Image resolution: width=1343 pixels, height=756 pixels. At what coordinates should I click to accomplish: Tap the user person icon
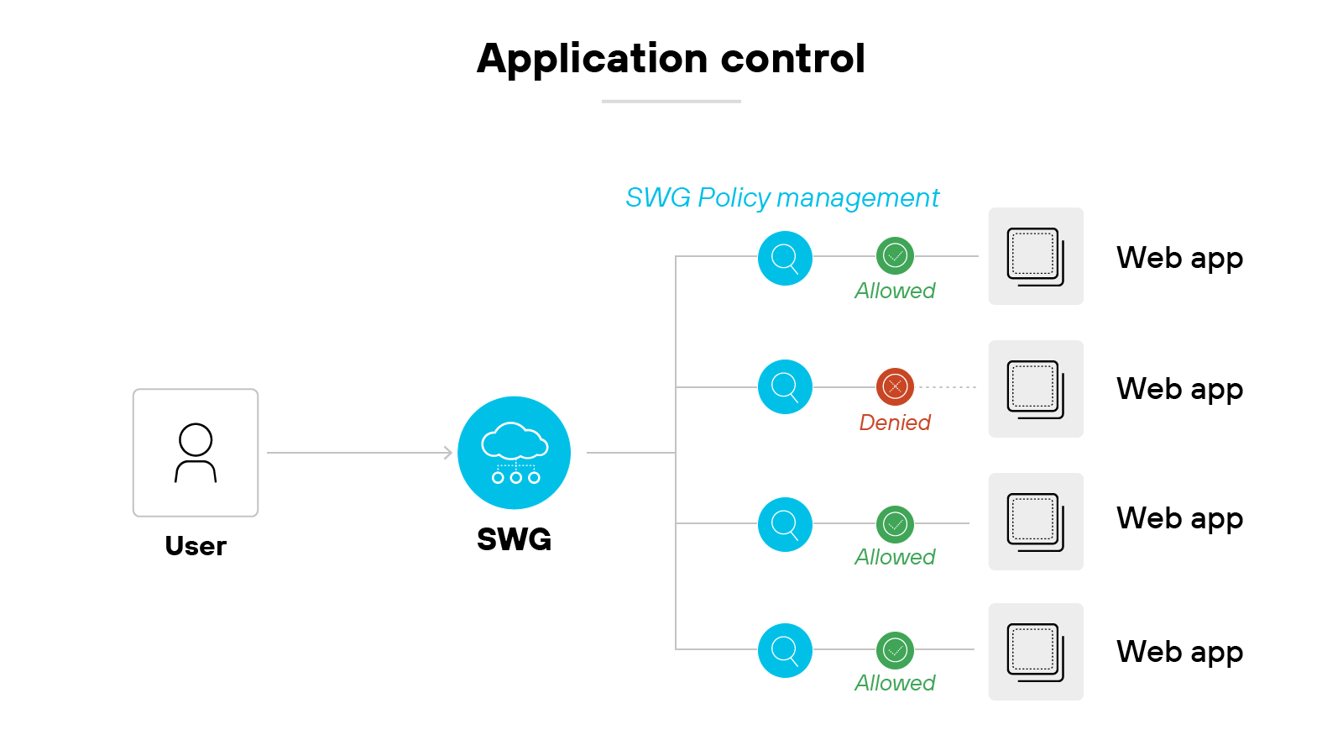196,453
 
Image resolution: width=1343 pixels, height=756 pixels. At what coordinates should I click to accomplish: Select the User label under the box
196,546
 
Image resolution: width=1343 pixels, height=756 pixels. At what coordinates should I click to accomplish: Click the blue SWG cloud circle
515,453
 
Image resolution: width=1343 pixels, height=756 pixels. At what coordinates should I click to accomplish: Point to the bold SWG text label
514,539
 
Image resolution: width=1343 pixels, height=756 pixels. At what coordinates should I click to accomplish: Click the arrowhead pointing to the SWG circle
448,453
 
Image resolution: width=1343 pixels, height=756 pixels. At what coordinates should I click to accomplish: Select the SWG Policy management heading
782,197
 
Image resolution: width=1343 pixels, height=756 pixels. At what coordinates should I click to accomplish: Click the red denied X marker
895,386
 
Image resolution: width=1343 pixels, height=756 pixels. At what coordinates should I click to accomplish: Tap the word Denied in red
895,423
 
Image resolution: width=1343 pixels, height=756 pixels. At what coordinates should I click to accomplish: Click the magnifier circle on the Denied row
785,386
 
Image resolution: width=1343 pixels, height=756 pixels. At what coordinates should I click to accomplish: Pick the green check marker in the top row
895,255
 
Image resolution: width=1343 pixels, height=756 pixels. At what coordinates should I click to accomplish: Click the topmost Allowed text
895,291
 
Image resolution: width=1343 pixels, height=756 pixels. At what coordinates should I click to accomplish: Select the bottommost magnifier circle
785,650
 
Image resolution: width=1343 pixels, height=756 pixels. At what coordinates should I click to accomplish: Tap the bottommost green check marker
895,650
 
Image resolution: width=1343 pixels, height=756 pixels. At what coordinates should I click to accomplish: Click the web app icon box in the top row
1036,256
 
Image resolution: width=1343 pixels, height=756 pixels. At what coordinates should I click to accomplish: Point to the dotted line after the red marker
948,387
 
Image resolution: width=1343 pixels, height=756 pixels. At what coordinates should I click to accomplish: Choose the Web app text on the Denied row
1179,389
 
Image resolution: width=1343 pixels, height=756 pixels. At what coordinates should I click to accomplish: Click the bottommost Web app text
1179,652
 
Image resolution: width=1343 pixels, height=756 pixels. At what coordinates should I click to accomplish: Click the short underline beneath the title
671,102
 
